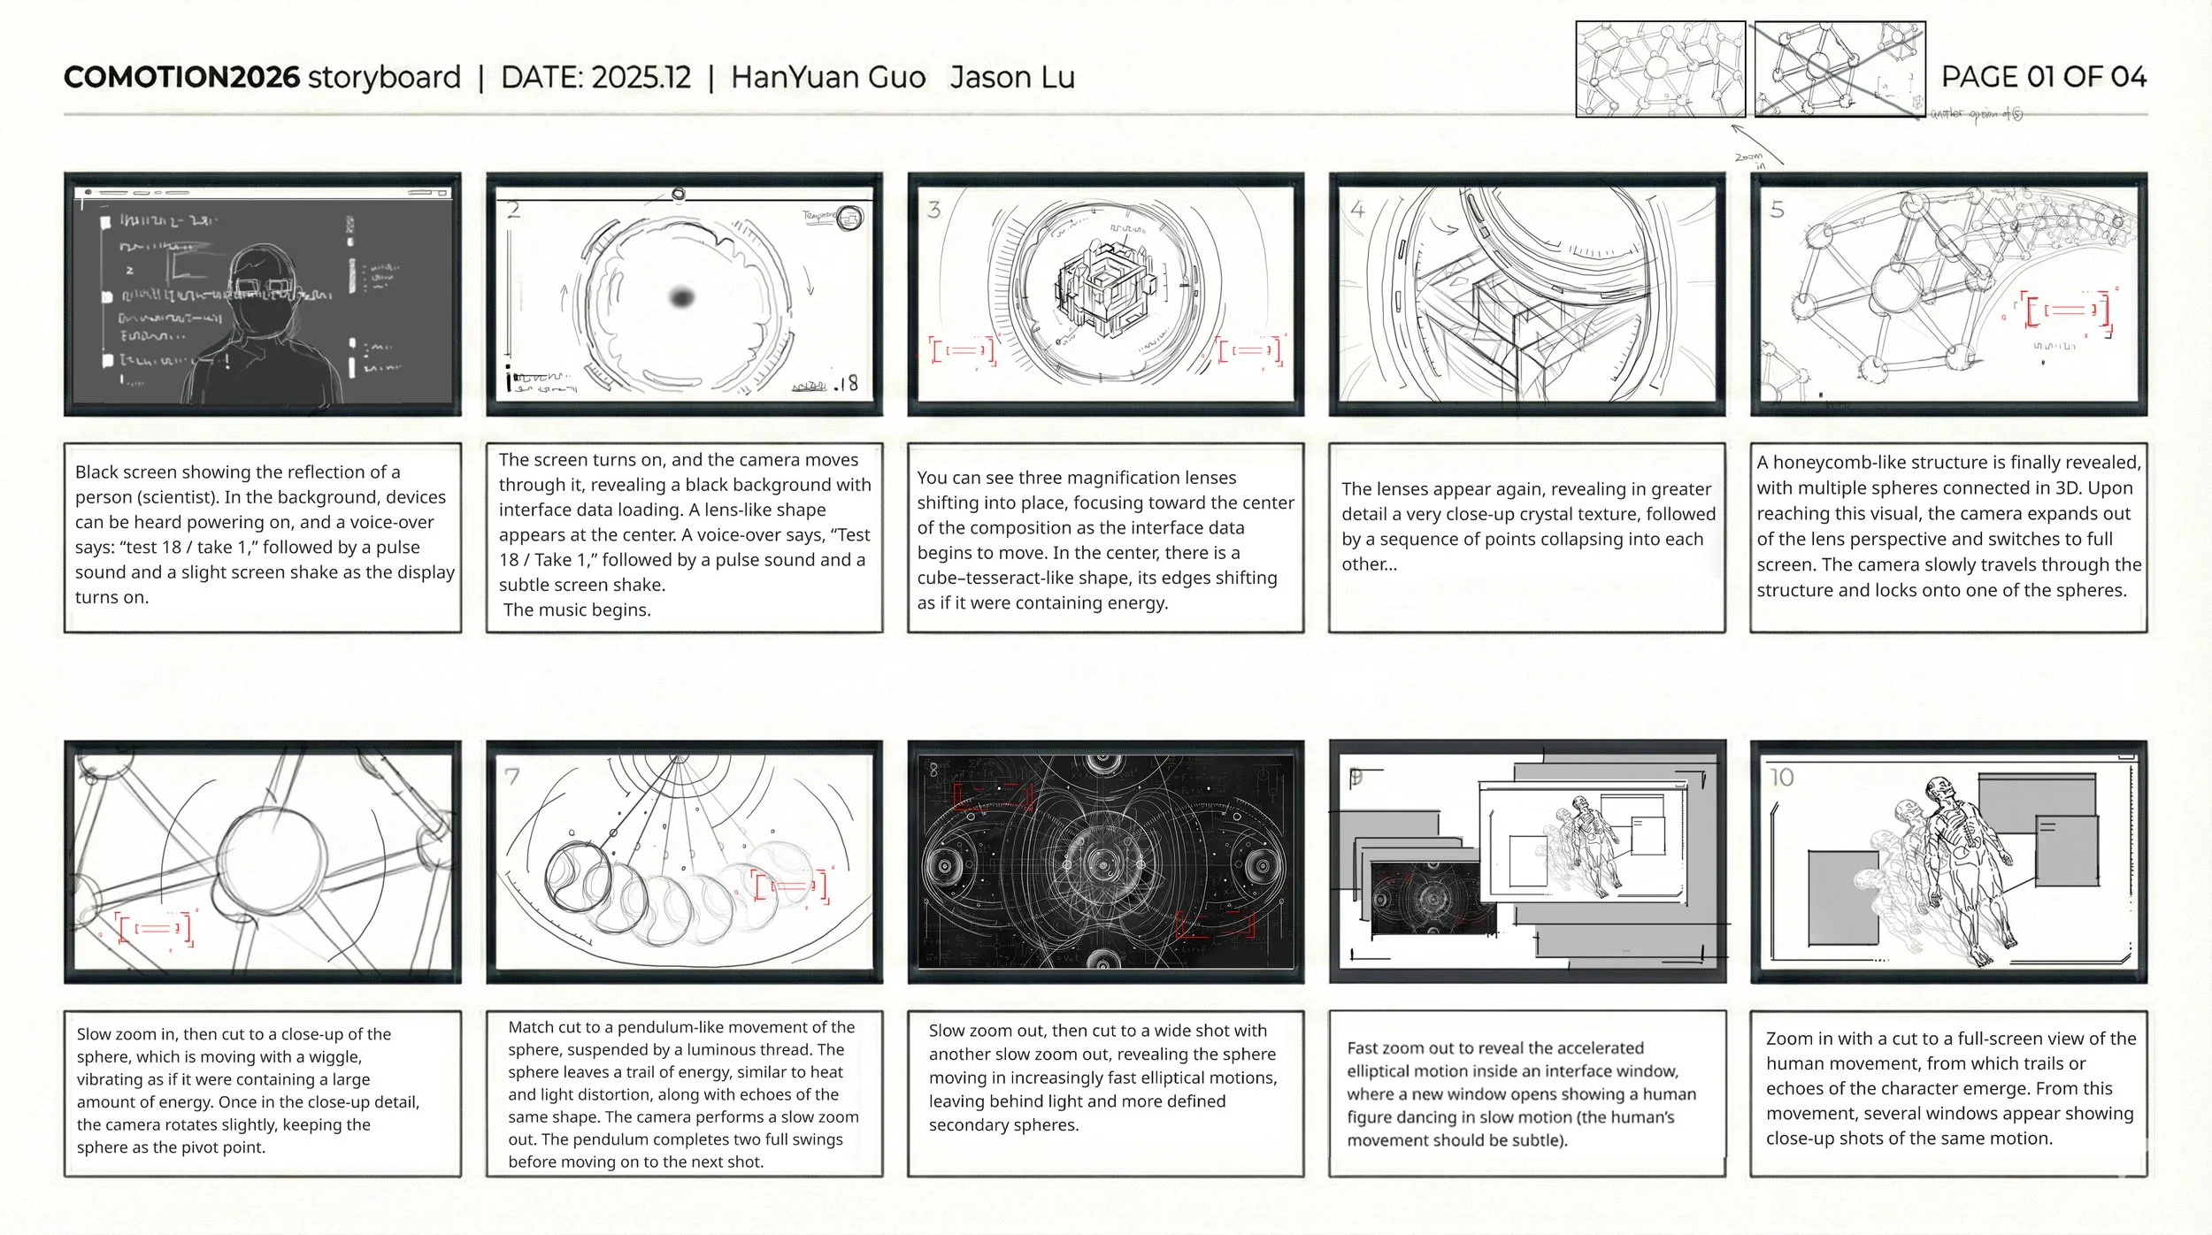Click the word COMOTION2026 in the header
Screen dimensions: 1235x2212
pos(181,78)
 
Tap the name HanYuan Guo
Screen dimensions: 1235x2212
pos(828,78)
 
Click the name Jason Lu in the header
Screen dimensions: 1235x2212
pos(1012,78)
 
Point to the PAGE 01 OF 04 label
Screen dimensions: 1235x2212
pos(2043,77)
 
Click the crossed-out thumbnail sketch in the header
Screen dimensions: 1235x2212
pos(1839,70)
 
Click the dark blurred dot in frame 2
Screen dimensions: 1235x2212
pos(681,297)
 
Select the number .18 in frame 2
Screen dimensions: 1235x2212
pos(846,383)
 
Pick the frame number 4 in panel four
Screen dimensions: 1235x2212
pos(1358,210)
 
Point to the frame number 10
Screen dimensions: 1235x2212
pos(1781,778)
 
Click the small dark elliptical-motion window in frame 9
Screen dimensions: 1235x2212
pos(1431,898)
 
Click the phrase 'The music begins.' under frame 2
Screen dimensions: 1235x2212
pos(577,610)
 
